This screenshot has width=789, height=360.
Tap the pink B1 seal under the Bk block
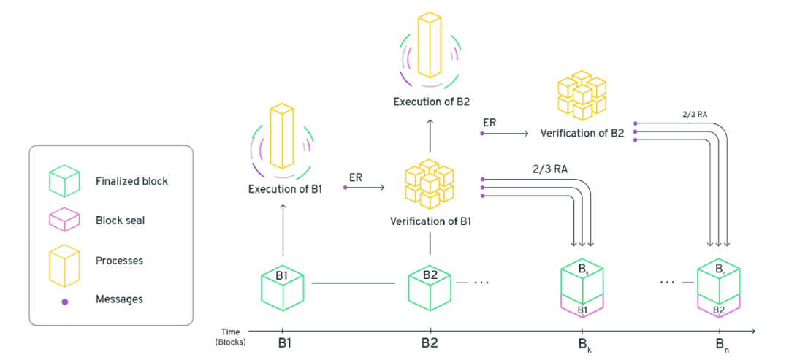tap(582, 307)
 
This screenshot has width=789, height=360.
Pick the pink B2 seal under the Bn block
tap(719, 307)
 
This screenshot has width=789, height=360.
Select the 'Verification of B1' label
tap(430, 221)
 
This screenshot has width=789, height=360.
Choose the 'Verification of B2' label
tap(582, 134)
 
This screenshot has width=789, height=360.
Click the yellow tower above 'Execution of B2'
tap(430, 46)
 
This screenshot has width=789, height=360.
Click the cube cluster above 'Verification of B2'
tap(582, 96)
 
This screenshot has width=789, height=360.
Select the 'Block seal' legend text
tap(120, 221)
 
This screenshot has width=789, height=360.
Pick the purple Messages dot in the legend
tap(65, 302)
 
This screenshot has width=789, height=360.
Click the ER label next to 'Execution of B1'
tap(355, 177)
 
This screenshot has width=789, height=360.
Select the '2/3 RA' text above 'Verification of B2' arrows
tap(696, 114)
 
